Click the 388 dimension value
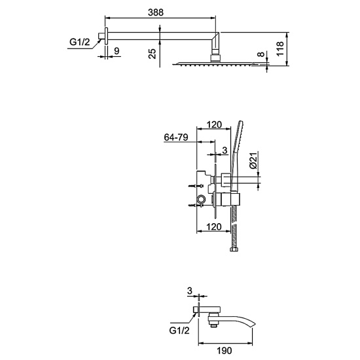pos(156,12)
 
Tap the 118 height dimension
pos(280,48)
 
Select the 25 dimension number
pos(153,54)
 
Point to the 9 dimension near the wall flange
pos(117,51)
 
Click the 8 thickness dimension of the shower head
pos(261,54)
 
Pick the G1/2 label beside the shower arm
pos(80,42)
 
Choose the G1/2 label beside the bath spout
pos(179,331)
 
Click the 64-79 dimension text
pos(176,137)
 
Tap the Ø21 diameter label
pos(253,160)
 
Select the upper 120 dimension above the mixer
pos(214,124)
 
